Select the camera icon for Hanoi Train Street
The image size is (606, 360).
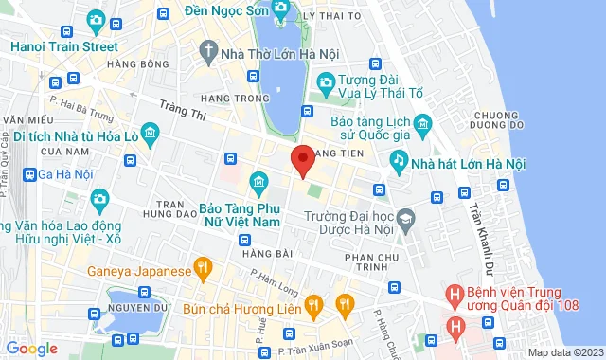point(96,20)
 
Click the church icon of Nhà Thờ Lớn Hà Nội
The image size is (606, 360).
point(207,52)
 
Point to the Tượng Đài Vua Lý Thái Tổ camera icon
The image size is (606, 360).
point(326,83)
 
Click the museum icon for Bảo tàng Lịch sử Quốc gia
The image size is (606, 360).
point(422,123)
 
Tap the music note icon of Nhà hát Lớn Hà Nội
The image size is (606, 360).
point(401,162)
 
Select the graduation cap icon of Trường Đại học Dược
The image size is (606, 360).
point(406,218)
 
